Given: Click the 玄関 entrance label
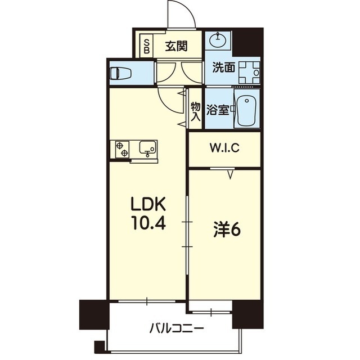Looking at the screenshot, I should click(x=176, y=46).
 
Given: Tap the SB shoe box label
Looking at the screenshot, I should click(x=147, y=46).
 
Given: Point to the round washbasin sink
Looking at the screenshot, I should click(x=218, y=40).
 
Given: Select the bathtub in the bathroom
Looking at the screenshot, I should click(x=246, y=110).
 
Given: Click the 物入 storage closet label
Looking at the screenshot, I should click(x=195, y=111).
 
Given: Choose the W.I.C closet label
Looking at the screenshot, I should click(x=225, y=148).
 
